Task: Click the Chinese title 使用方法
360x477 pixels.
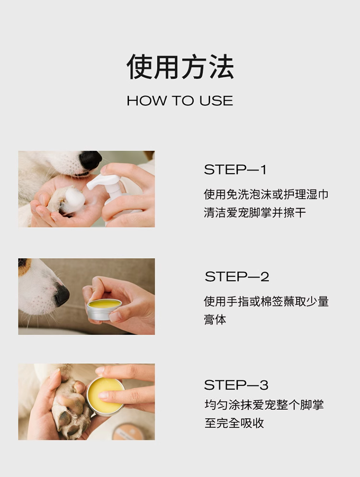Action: tap(180, 67)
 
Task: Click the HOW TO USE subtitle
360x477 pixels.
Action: tap(180, 101)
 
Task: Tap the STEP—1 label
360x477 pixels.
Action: tap(235, 170)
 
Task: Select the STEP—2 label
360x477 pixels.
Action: tap(237, 277)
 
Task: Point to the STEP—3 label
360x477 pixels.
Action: tap(236, 385)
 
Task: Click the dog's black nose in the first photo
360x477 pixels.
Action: tap(90, 160)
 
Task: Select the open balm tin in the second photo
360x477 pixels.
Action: tap(104, 309)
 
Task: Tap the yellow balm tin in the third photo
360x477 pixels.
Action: tap(105, 396)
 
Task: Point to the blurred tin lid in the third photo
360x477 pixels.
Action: tap(128, 432)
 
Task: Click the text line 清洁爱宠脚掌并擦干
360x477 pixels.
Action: tap(255, 213)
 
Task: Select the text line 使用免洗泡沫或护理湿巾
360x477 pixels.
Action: tap(266, 194)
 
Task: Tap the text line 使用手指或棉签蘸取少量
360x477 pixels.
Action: tap(266, 301)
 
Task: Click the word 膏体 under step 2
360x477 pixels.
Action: tap(215, 320)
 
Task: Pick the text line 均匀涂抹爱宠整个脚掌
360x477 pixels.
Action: tap(264, 405)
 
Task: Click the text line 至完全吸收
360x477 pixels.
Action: tap(234, 423)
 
